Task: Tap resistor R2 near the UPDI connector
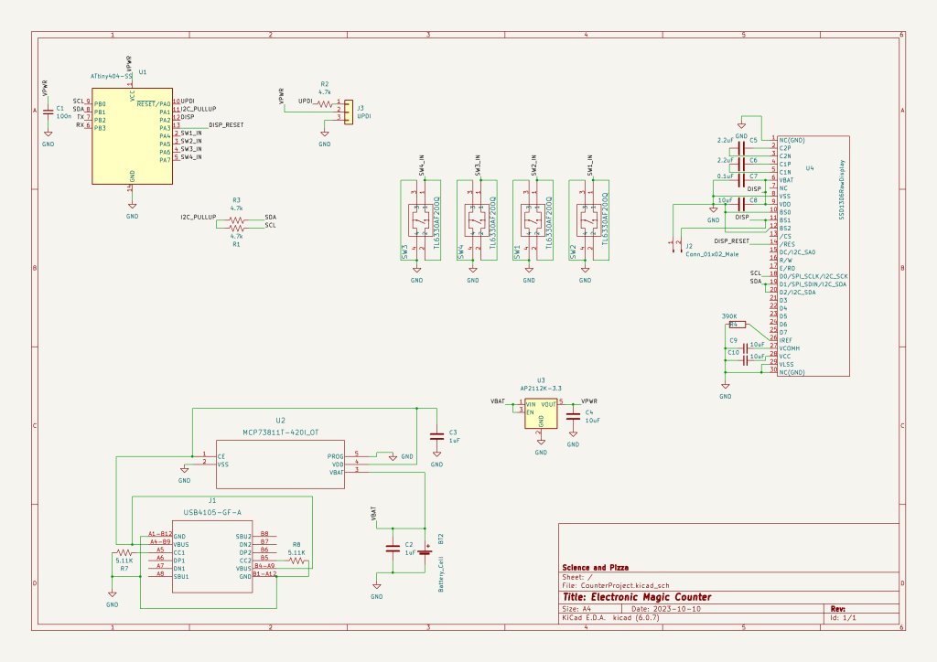click(x=324, y=102)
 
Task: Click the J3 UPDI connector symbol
click(x=348, y=110)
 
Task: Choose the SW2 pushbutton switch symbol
click(x=585, y=220)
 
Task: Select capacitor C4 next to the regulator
click(x=573, y=414)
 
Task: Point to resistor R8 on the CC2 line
click(x=296, y=562)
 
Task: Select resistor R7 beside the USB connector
click(x=124, y=554)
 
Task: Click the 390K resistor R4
click(x=737, y=324)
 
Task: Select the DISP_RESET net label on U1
click(x=226, y=124)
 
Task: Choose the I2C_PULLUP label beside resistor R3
click(x=197, y=217)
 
